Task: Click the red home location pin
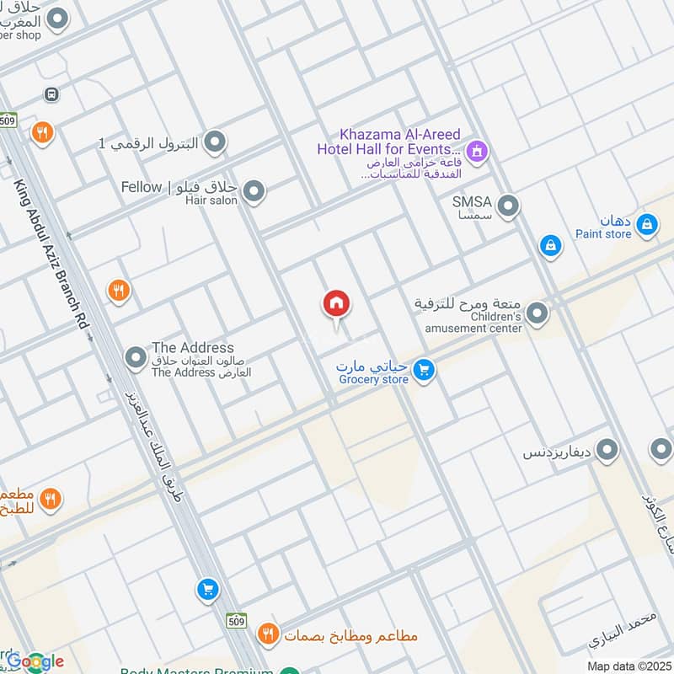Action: point(336,304)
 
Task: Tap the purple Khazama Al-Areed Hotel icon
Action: point(477,152)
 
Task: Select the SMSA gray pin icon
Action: point(508,206)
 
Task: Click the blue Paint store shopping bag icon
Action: point(646,224)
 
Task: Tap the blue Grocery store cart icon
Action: point(424,369)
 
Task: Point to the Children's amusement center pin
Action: point(538,314)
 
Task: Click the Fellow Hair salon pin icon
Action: point(254,192)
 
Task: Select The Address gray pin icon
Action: point(136,359)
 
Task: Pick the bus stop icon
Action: point(52,94)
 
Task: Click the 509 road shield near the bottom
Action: point(237,621)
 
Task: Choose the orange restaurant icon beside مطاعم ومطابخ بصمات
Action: point(268,634)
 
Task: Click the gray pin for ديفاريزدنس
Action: point(607,452)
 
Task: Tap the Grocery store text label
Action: point(373,379)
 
